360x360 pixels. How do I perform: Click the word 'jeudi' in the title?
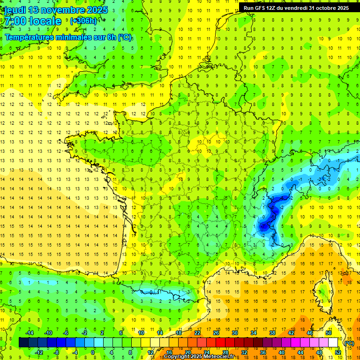15,10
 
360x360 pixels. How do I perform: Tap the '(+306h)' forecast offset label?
83,21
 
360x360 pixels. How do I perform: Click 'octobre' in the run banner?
320,8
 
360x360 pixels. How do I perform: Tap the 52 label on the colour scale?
338,352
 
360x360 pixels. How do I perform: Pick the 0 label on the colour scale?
92,352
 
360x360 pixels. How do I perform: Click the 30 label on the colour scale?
235,333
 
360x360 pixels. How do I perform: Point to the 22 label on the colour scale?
197,333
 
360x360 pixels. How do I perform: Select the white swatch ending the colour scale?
333,343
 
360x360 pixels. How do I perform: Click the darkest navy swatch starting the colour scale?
23,343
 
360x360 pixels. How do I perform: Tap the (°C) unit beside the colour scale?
349,343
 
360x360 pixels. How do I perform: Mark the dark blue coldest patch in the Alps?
265,226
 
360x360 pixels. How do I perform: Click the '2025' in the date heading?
97,10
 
